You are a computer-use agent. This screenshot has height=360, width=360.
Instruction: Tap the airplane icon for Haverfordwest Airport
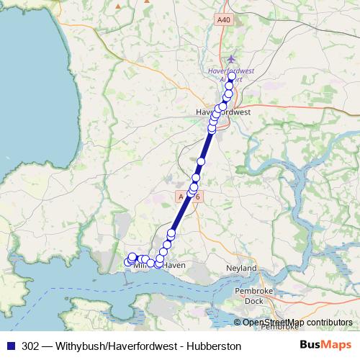[x=230, y=59]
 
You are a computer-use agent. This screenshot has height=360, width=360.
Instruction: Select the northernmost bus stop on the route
[x=231, y=77]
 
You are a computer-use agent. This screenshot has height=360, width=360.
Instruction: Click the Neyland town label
[x=242, y=268]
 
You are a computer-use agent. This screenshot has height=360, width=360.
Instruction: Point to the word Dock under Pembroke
[x=254, y=300]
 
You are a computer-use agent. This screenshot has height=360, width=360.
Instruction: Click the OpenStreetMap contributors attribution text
[x=297, y=323]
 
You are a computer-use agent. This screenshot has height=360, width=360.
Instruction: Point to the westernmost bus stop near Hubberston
[x=128, y=262]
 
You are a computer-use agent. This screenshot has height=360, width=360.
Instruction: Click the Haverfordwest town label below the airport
[x=222, y=112]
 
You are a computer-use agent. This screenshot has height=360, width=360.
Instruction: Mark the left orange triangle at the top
[x=118, y=6]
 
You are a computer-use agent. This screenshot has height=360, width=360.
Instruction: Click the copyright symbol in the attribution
[x=237, y=323]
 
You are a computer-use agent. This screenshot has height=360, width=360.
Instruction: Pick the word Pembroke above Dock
[x=253, y=290]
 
